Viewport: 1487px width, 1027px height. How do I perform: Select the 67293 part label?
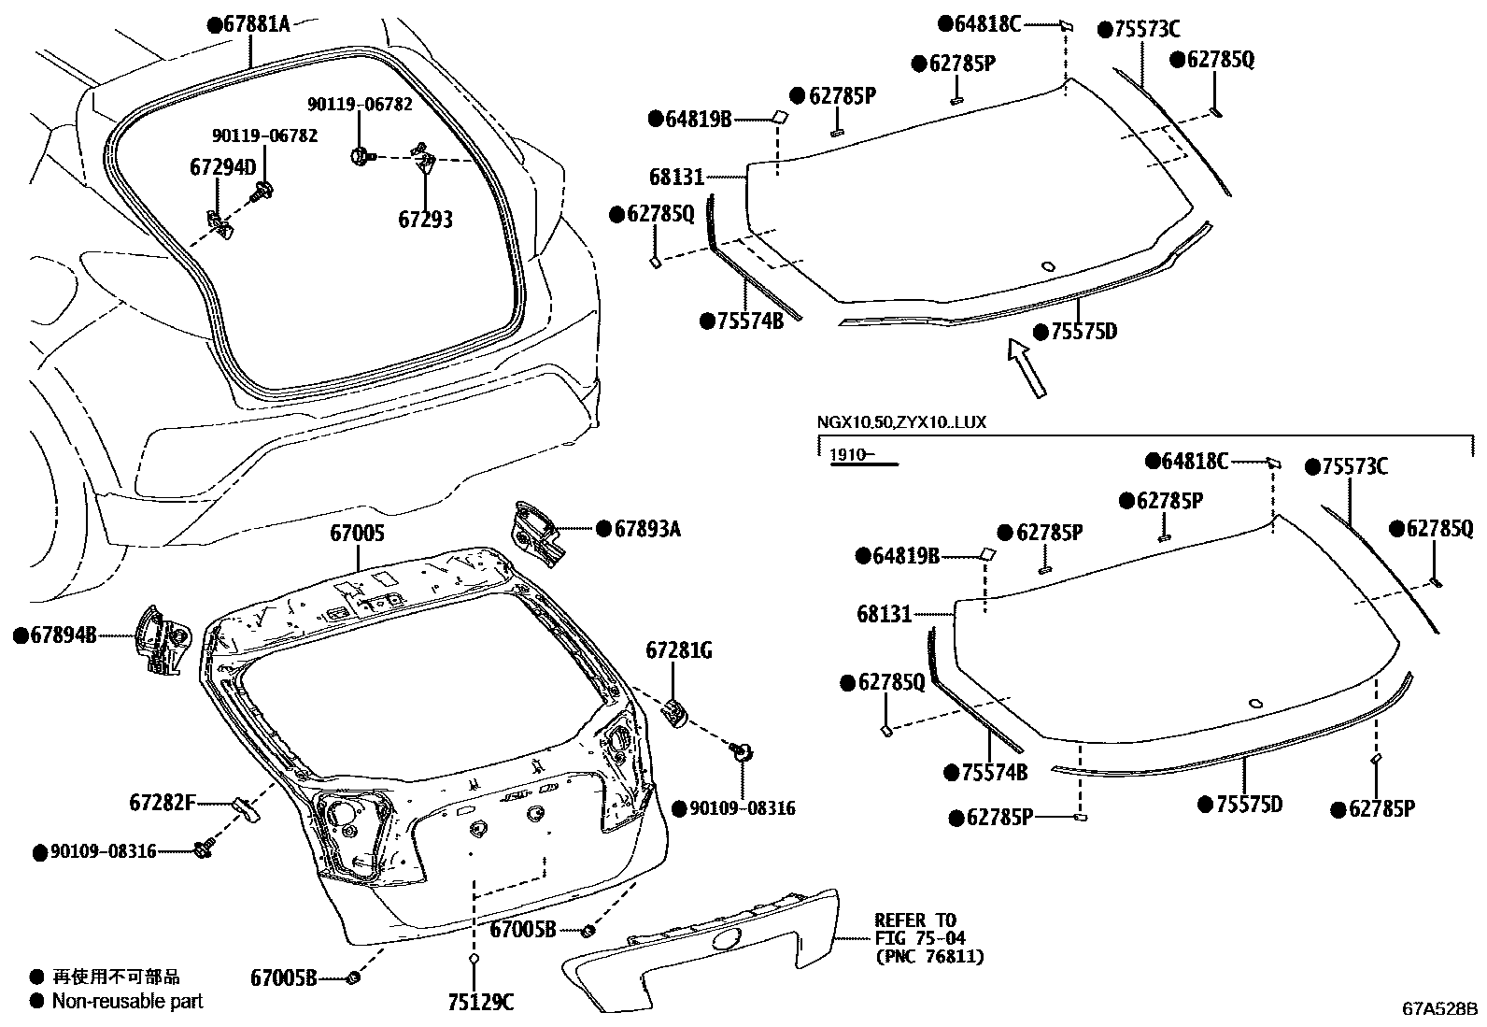point(425,220)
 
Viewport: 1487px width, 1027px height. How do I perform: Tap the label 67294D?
point(222,167)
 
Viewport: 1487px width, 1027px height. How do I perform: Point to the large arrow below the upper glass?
point(1026,368)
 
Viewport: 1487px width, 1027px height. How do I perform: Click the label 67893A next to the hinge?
point(646,529)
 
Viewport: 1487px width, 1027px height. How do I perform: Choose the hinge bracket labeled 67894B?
point(161,639)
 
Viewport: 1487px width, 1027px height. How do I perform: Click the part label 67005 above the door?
point(357,534)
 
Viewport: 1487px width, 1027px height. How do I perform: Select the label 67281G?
point(678,650)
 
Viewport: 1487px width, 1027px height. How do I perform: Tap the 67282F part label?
point(163,802)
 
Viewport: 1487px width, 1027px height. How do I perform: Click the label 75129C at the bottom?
point(480,1003)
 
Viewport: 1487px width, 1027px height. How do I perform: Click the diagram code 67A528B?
point(1439,1009)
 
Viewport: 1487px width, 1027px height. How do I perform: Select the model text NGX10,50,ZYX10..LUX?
point(901,422)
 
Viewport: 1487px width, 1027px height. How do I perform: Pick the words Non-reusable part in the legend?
point(127,1001)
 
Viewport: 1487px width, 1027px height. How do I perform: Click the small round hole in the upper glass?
point(1048,266)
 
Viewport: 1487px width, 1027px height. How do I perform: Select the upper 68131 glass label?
point(676,177)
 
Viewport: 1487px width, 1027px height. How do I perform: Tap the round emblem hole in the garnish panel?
point(726,939)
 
